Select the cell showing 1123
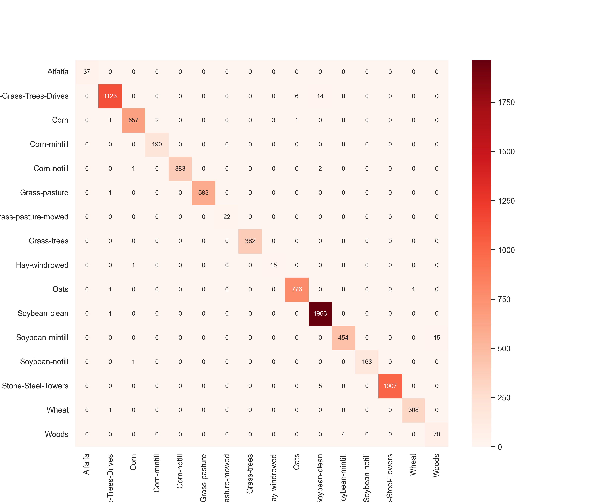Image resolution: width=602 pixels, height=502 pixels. point(110,96)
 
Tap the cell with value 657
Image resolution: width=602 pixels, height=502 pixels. point(133,120)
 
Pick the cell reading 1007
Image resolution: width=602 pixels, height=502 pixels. point(390,386)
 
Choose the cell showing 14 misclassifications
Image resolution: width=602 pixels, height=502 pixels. point(320,96)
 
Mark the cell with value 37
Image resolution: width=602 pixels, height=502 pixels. point(87,72)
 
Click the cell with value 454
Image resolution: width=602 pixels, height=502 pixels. point(343,338)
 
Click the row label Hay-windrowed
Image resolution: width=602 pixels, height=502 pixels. point(42,265)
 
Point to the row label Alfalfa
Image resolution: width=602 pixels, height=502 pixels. point(58,72)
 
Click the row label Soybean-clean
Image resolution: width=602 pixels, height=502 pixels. point(43,313)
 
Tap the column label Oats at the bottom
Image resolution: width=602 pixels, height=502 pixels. point(297,462)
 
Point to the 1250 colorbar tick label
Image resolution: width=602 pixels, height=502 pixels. point(506,201)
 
